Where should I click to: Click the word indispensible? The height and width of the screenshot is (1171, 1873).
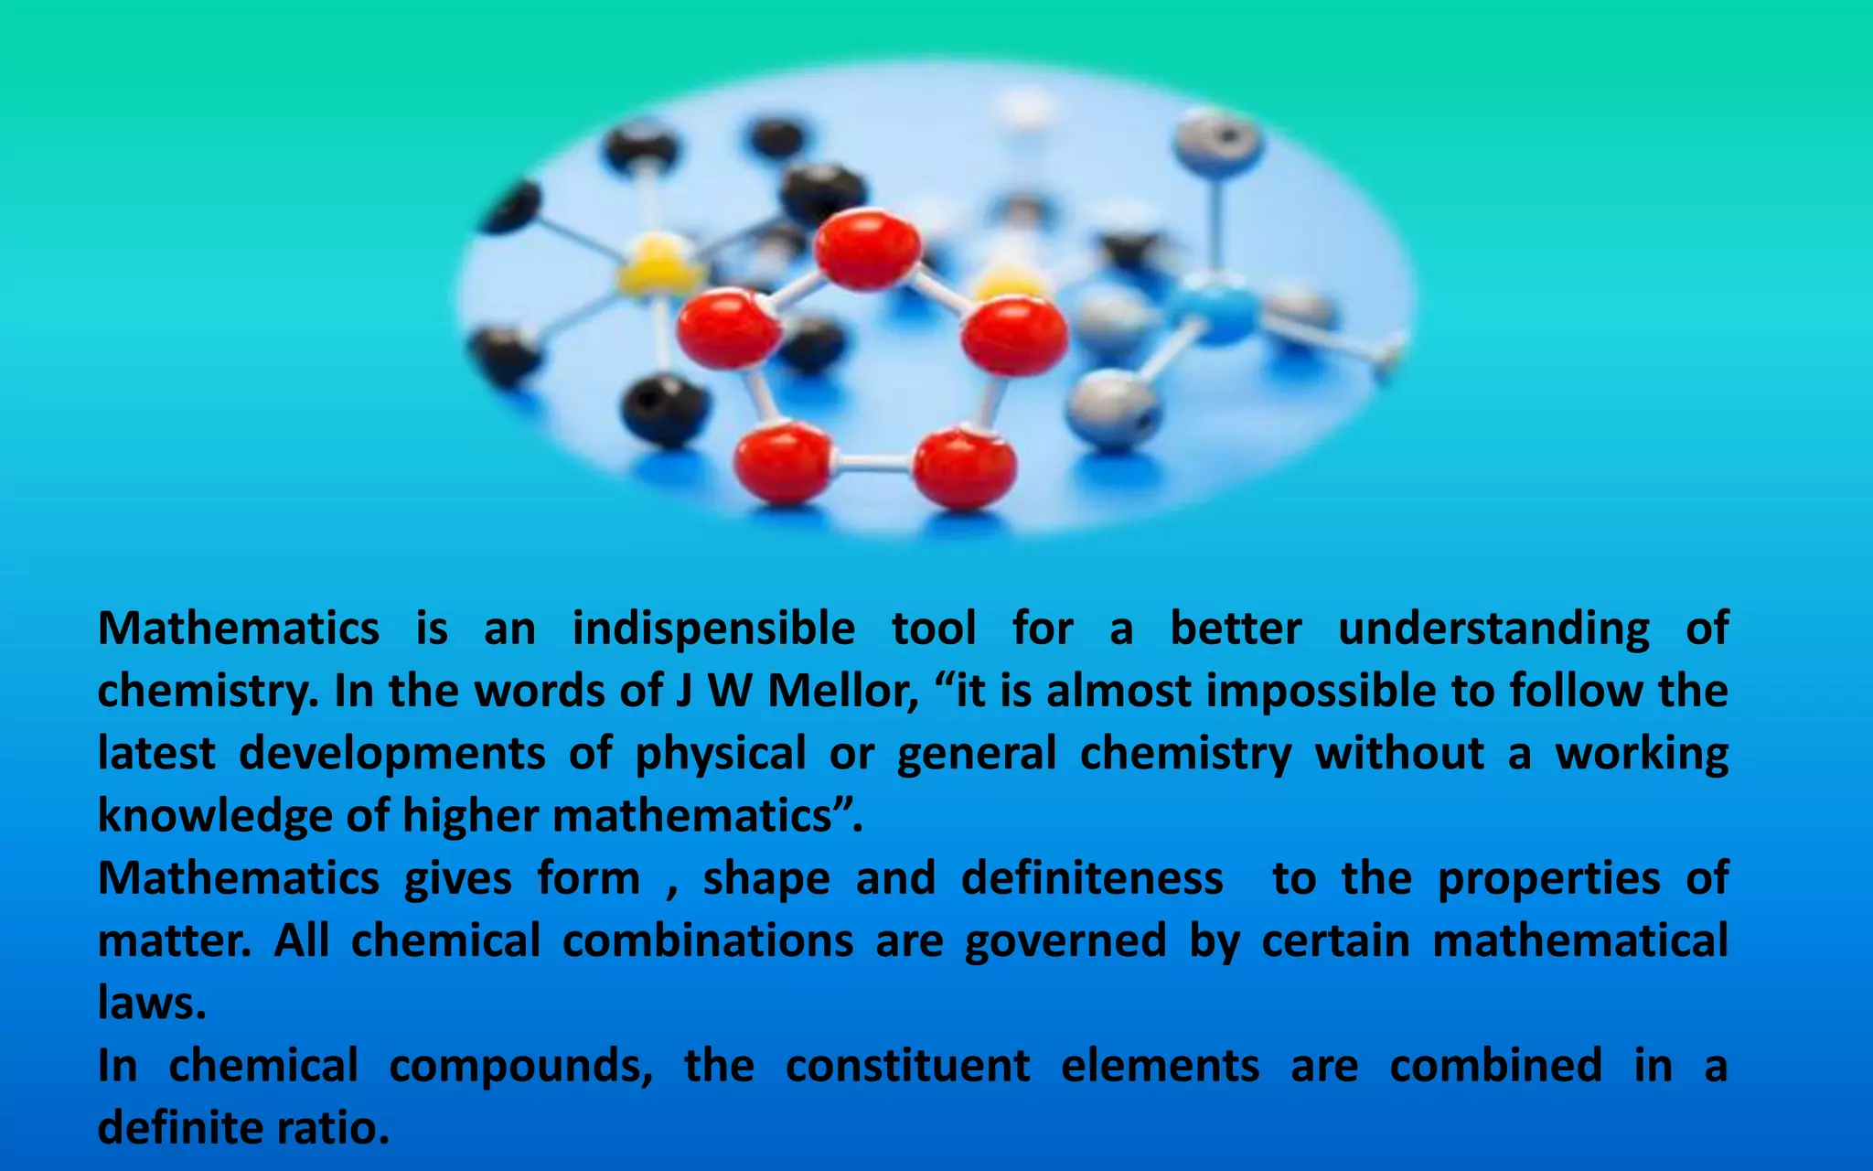(x=713, y=629)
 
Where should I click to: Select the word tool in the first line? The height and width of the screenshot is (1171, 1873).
(x=934, y=629)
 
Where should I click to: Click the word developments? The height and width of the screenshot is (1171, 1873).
(x=392, y=754)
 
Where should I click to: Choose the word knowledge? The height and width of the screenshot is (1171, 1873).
(x=214, y=816)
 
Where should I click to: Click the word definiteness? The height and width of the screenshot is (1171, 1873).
(x=1092, y=878)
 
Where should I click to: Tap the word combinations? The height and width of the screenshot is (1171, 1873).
(x=708, y=941)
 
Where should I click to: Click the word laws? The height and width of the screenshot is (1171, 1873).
(x=152, y=1004)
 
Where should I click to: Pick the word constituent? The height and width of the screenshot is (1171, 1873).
(x=907, y=1066)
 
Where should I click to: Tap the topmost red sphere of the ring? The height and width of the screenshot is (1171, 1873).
(x=867, y=249)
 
